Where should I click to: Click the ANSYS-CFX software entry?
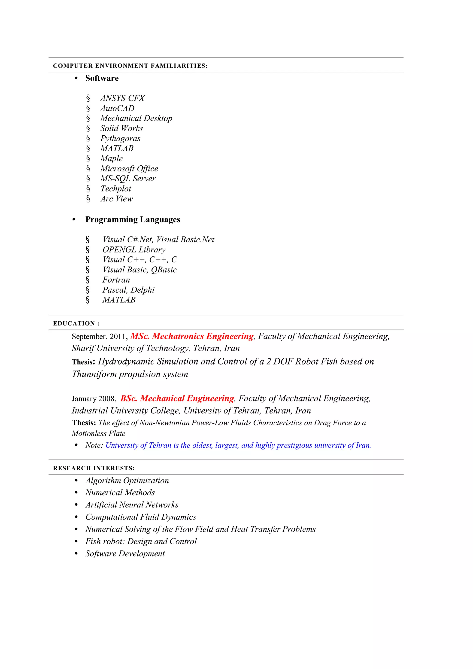pyautogui.click(x=122, y=98)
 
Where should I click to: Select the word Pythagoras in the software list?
pyautogui.click(x=120, y=138)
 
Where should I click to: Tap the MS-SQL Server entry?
pyautogui.click(x=128, y=179)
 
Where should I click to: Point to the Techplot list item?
pyautogui.click(x=116, y=189)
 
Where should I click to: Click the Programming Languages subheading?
pyautogui.click(x=133, y=219)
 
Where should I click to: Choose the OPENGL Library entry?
pyautogui.click(x=134, y=250)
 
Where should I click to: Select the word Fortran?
pyautogui.click(x=116, y=280)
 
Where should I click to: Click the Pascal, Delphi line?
pyautogui.click(x=128, y=290)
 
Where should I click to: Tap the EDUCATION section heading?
pyautogui.click(x=76, y=323)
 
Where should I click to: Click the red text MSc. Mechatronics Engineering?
pyautogui.click(x=192, y=336)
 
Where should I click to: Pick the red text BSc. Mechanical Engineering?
pyautogui.click(x=177, y=398)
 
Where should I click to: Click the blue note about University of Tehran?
pyautogui.click(x=238, y=446)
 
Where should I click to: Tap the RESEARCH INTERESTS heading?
pyautogui.click(x=94, y=468)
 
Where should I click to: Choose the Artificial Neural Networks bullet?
pyautogui.click(x=132, y=505)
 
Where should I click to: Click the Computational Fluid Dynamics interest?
pyautogui.click(x=141, y=517)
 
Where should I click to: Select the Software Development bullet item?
pyautogui.click(x=125, y=554)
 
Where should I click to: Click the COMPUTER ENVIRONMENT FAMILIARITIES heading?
pyautogui.click(x=130, y=66)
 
